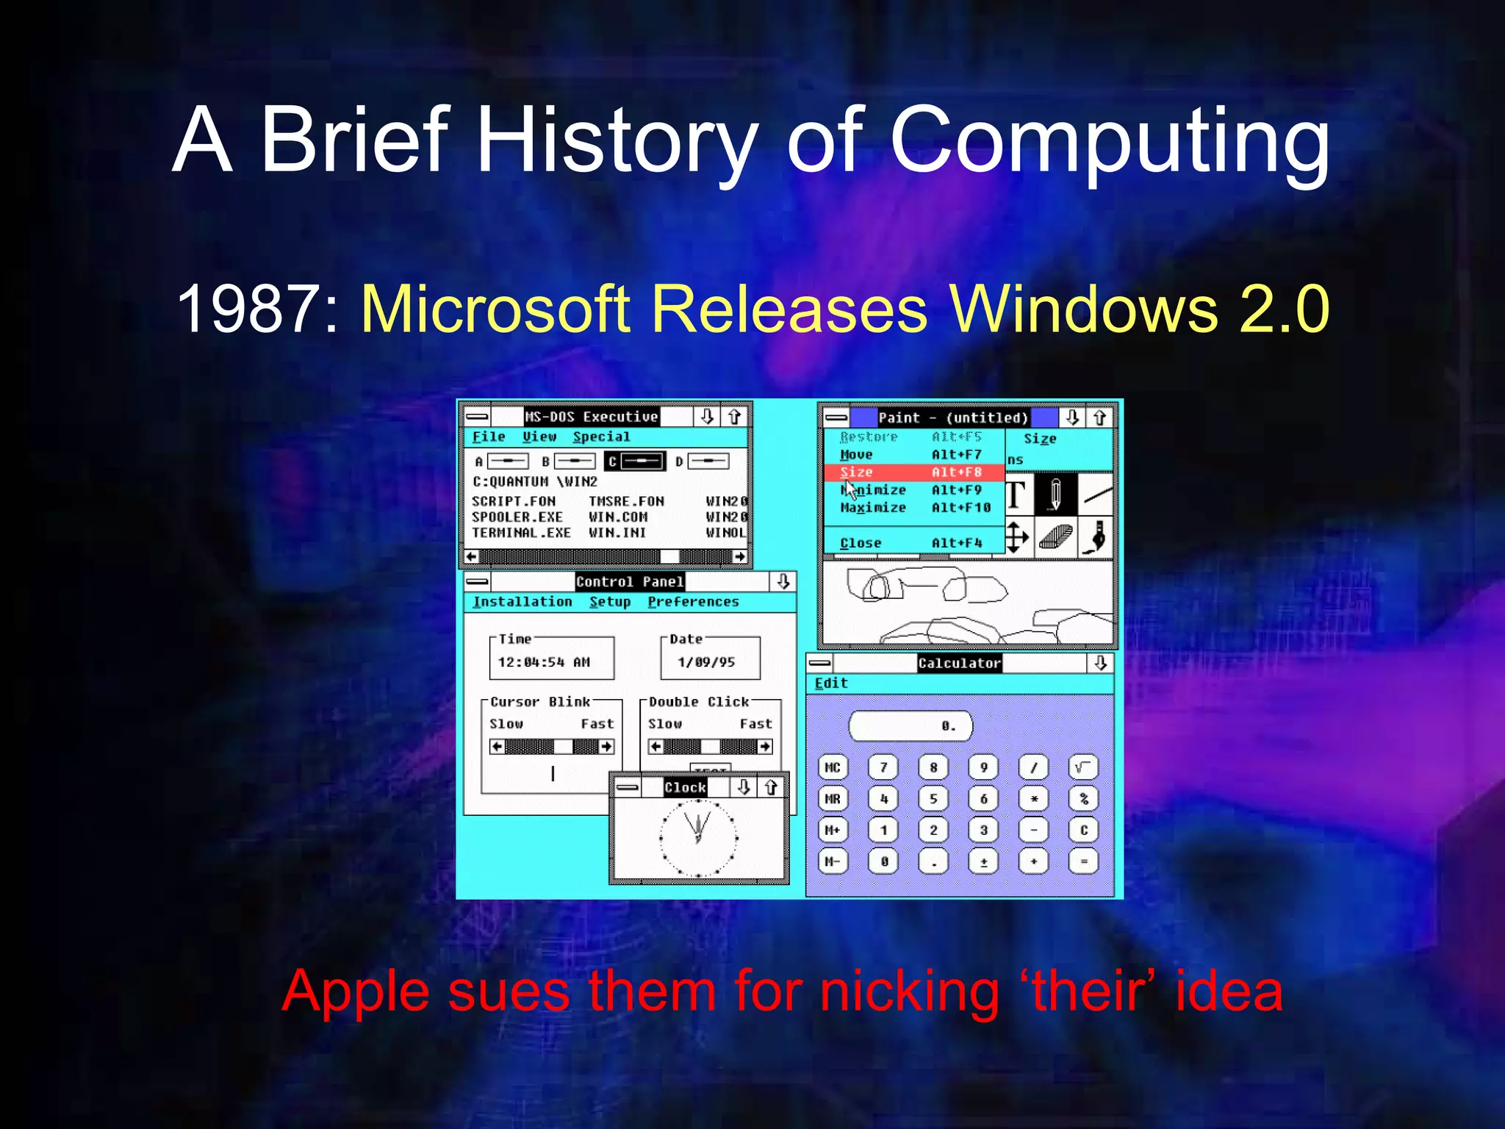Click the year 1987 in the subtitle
pos(247,309)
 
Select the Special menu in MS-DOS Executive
pos(601,437)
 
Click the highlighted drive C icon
pos(635,462)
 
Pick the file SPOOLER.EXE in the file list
pos(517,517)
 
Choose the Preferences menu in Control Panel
pos(693,602)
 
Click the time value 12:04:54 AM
pos(544,662)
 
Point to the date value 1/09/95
pos(706,662)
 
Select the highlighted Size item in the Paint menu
pos(911,472)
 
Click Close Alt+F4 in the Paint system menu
pos(911,543)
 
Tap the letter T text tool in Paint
pos(1016,495)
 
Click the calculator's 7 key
pos(883,767)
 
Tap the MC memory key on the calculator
pos(833,767)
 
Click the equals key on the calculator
pos(1083,861)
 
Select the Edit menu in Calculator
pos(831,684)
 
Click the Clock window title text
pos(685,787)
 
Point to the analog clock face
pos(698,838)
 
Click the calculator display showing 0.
pos(910,726)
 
